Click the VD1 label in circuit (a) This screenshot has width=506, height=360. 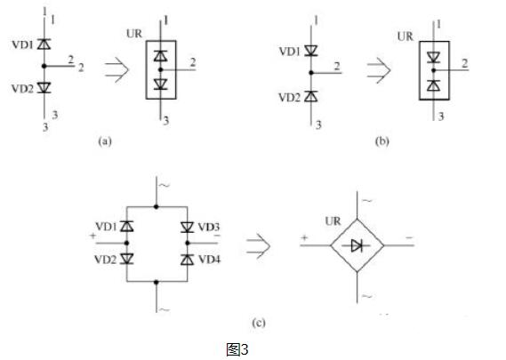[x=22, y=44]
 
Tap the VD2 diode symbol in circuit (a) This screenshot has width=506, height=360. [x=44, y=87]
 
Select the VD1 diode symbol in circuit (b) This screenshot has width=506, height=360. [x=311, y=51]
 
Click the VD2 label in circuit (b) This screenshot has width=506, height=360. [x=290, y=97]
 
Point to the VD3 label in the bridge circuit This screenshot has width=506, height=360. [x=208, y=227]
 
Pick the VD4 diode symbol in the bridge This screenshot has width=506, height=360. [x=187, y=260]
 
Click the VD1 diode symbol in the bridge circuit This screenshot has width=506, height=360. [x=127, y=227]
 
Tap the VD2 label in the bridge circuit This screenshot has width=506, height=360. [x=105, y=260]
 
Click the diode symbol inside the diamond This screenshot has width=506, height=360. [x=357, y=245]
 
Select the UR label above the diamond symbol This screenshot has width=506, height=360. [x=333, y=221]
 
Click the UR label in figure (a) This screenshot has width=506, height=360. [x=134, y=33]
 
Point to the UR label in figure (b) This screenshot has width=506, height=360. [x=406, y=36]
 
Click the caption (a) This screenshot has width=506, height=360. [x=105, y=141]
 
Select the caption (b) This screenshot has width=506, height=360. [x=382, y=141]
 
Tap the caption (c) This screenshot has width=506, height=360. [x=259, y=323]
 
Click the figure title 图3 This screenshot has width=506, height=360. [x=237, y=349]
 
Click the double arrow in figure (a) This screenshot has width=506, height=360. [x=116, y=69]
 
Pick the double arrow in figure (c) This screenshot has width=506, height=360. [x=258, y=246]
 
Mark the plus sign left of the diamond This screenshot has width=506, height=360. [x=304, y=238]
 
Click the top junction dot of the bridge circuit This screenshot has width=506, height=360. [x=157, y=206]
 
